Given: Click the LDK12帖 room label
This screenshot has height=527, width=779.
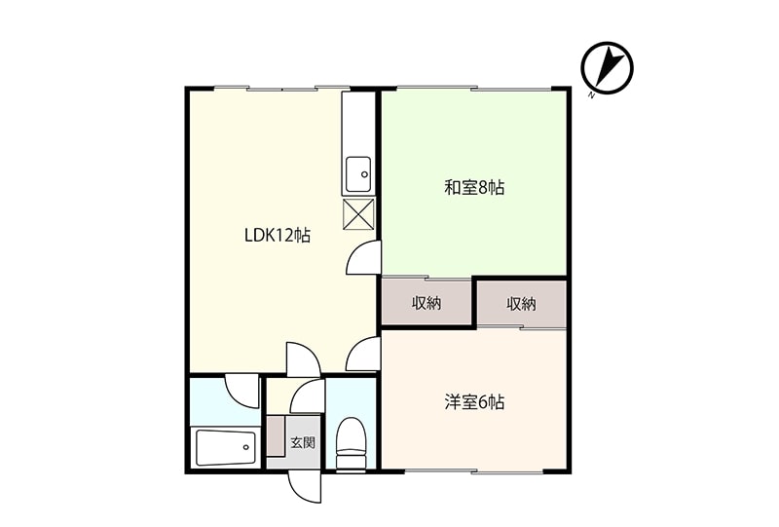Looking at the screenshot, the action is coord(278,235).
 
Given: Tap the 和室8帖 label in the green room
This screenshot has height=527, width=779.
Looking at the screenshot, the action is coord(474,188).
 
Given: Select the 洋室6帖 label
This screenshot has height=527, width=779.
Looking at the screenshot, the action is coord(474,401).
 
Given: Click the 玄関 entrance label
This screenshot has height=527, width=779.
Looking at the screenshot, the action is coord(303,442).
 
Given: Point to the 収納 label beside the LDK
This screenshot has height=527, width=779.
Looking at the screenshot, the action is coord(427,303).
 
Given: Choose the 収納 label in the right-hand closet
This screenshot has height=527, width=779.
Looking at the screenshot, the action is coord(522,303).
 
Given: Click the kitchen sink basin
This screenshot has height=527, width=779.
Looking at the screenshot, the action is coord(358,174).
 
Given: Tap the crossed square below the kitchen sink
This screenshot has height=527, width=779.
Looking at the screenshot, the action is coord(358,214).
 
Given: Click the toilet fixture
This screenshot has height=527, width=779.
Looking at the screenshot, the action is coord(351,443).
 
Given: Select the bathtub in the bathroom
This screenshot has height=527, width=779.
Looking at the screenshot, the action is coord(226,448).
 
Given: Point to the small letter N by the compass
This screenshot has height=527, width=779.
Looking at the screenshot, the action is coord(591,95).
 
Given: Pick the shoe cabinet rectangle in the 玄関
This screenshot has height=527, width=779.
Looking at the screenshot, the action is coord(276,436).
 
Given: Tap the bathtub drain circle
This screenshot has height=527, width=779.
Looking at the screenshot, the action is coord(246,447).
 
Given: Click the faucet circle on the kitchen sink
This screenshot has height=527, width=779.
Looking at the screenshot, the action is coord(364,174).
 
